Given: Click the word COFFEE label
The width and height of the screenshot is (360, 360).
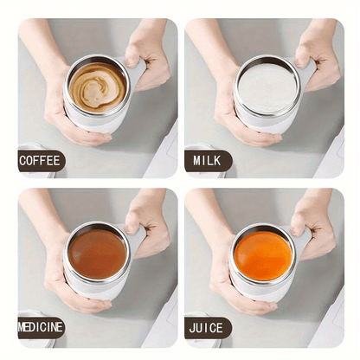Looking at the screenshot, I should pyautogui.click(x=41, y=160).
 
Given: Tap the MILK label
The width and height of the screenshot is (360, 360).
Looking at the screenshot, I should pyautogui.click(x=207, y=160).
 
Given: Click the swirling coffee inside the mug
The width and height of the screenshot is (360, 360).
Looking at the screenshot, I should pyautogui.click(x=98, y=87).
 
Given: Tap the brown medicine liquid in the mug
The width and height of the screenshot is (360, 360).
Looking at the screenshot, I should pyautogui.click(x=98, y=254).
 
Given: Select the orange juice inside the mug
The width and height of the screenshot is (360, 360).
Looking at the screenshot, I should pyautogui.click(x=263, y=254).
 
